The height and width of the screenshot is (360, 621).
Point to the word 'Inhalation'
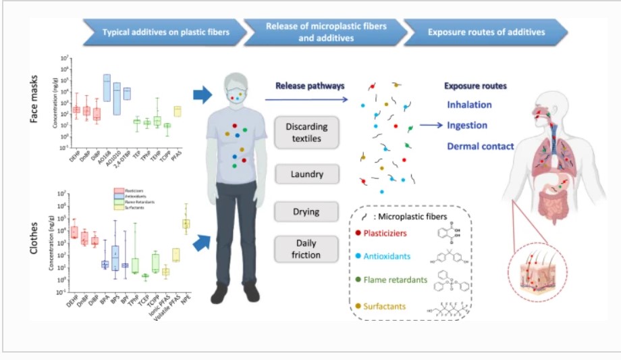coord(469,105)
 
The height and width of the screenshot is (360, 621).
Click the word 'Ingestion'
coord(467,125)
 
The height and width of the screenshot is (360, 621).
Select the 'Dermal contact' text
coord(480,146)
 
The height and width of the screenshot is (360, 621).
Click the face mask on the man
coord(236,94)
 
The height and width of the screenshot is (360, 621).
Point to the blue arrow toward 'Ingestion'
coord(430,125)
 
